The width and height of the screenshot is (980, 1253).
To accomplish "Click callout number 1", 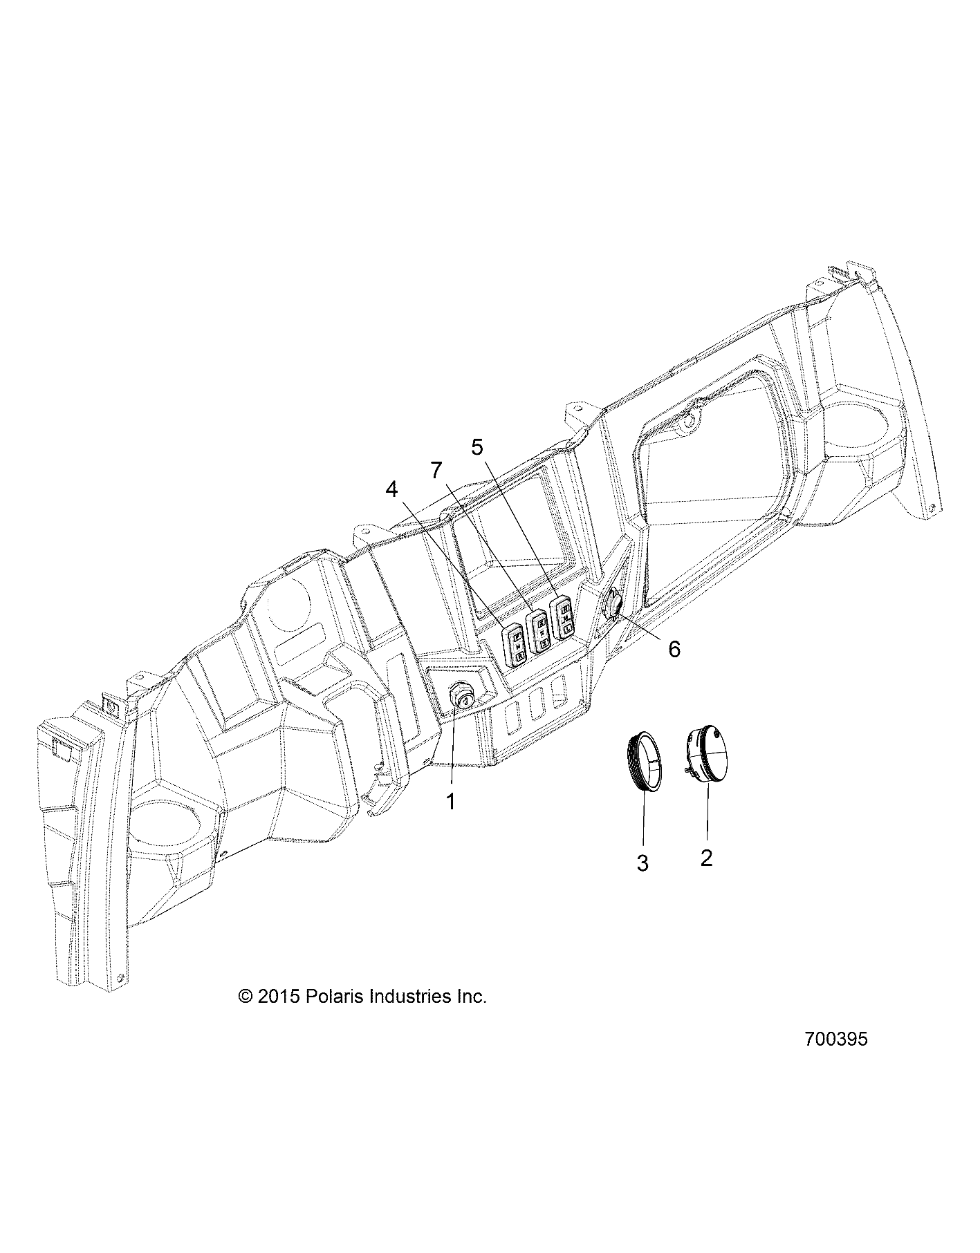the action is click(x=451, y=802).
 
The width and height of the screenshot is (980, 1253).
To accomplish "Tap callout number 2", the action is click(x=706, y=858).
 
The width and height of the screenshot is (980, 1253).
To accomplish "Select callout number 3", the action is click(x=642, y=863).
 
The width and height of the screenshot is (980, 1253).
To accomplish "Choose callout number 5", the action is click(x=477, y=446).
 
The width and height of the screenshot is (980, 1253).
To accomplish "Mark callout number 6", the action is click(x=674, y=648).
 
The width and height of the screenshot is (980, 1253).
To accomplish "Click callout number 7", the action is click(x=435, y=471).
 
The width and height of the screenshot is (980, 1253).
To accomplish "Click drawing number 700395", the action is click(x=835, y=1058).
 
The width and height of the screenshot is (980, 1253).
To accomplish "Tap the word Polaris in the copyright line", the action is click(x=324, y=977).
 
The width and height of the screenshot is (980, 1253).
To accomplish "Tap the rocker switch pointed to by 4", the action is click(x=515, y=642).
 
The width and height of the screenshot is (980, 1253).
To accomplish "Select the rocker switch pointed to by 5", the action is click(x=562, y=615).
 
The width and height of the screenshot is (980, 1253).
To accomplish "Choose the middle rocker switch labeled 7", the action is click(x=539, y=628).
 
